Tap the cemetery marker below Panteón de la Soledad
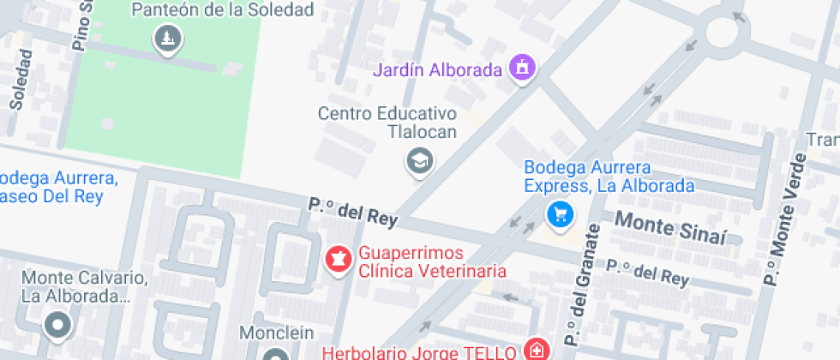pyautogui.click(x=167, y=39)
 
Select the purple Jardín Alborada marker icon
pyautogui.click(x=522, y=68)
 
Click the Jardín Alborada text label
pyautogui.click(x=436, y=69)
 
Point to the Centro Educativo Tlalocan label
pyautogui.click(x=387, y=123)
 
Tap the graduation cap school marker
pyautogui.click(x=419, y=159)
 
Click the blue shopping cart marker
pyautogui.click(x=561, y=213)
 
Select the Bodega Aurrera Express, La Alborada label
pyautogui.click(x=609, y=177)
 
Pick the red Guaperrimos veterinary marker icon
pyautogui.click(x=339, y=260)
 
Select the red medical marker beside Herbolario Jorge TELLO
pyautogui.click(x=537, y=350)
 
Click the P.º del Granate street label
pyautogui.click(x=581, y=282)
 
